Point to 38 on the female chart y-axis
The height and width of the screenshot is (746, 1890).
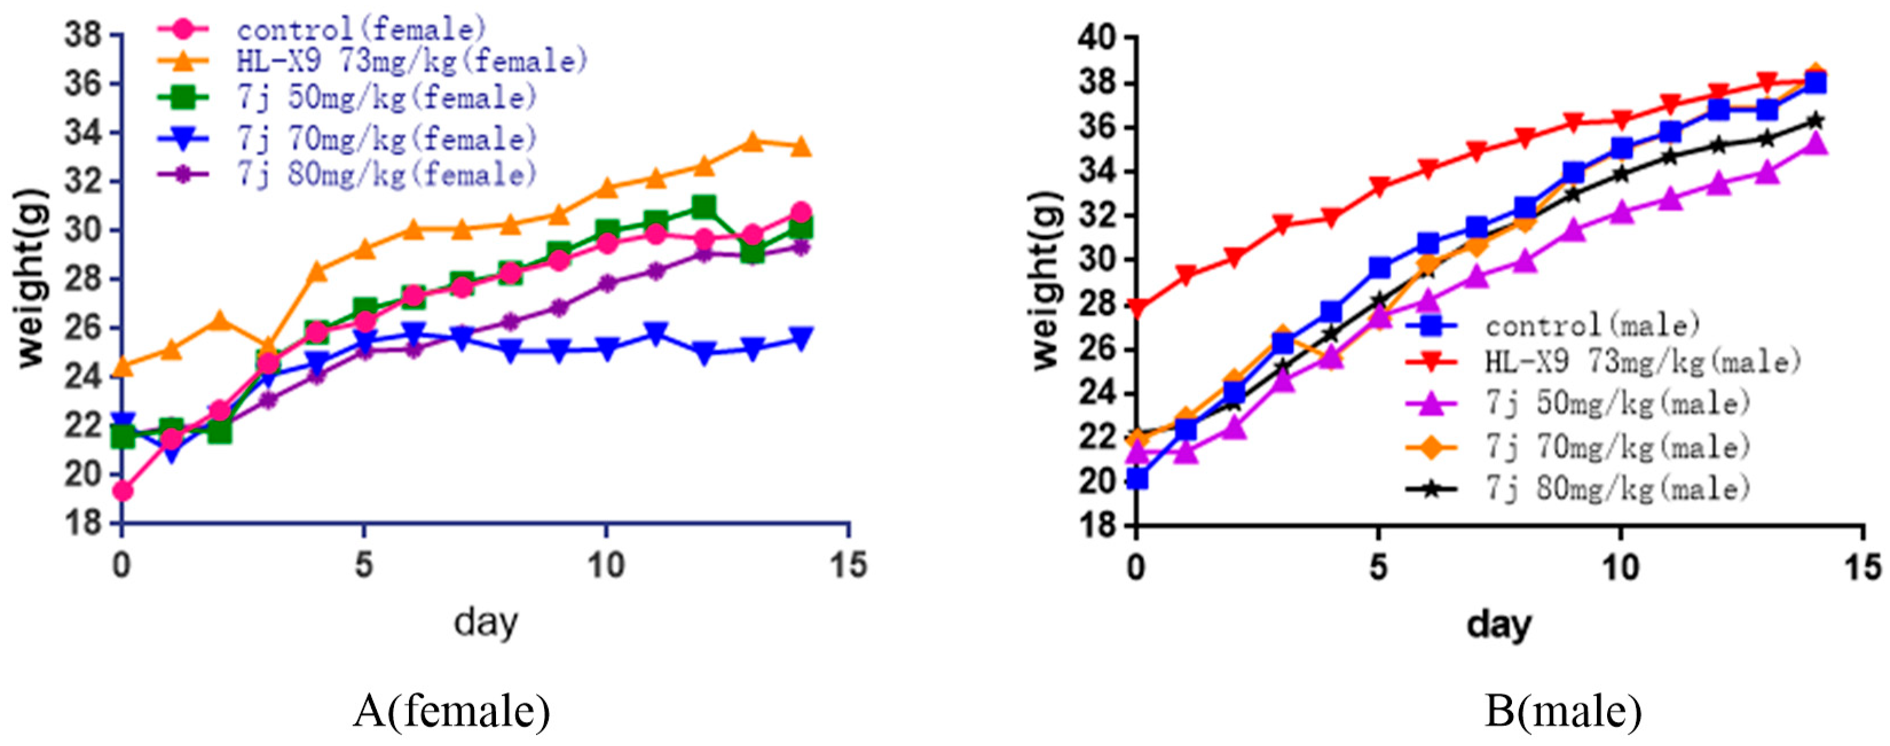(82, 35)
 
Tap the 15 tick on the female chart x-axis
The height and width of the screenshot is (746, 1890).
(849, 566)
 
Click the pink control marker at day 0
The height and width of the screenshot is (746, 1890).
(123, 490)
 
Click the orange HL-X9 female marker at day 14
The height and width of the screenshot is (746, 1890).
(801, 147)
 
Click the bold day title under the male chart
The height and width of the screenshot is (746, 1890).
(1499, 624)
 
